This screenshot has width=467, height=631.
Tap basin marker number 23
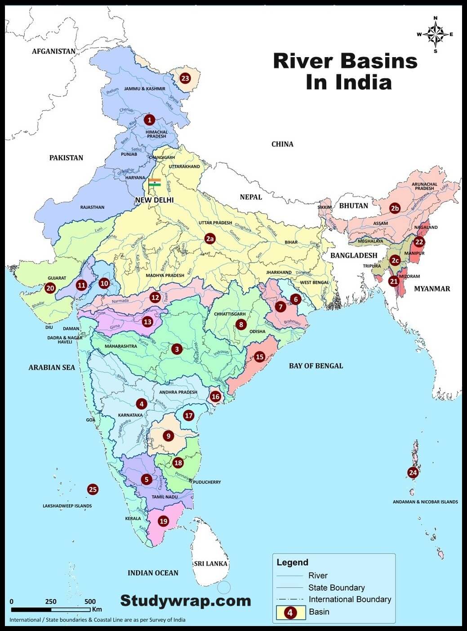185,78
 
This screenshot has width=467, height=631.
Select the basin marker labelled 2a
210,238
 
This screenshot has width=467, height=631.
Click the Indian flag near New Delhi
155,183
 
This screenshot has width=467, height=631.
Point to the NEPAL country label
251,197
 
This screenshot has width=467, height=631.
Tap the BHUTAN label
353,206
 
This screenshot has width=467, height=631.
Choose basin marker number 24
413,472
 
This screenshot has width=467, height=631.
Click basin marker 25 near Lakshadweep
93,489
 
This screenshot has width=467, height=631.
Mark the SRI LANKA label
211,564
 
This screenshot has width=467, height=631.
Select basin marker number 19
163,521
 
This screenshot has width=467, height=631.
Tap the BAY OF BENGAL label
316,366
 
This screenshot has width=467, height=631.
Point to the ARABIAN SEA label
52,367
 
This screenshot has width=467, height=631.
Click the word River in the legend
318,576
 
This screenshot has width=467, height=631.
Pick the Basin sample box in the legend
290,612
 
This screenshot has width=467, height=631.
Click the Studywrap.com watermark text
185,600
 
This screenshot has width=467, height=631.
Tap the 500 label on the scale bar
90,601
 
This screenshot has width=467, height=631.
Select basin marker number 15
259,357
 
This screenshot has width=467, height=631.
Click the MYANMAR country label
431,289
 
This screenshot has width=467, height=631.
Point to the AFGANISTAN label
53,51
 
